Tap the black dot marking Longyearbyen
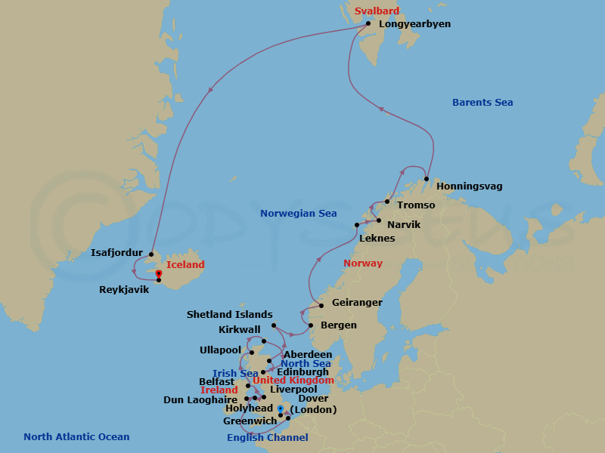[368, 23]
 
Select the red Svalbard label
[377, 11]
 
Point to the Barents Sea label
[482, 103]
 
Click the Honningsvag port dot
[427, 179]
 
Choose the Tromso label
[416, 205]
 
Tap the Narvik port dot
[379, 220]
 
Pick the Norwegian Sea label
[299, 214]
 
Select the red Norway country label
[363, 263]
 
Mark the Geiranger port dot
[321, 305]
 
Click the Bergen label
[338, 325]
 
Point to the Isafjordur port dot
[151, 254]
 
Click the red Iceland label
[185, 265]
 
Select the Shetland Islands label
[229, 316]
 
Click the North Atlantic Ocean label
[76, 437]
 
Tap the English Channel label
[268, 438]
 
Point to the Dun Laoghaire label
[200, 400]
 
